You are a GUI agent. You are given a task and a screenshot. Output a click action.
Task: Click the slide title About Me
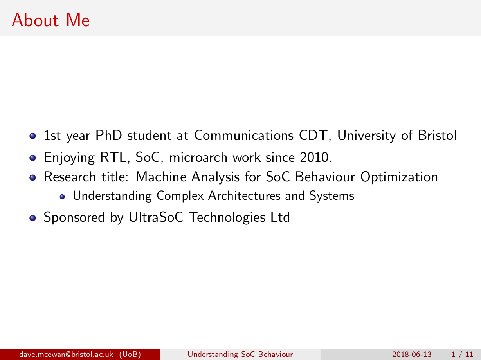click(51, 20)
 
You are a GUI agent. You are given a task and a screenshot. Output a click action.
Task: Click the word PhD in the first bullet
click(108, 135)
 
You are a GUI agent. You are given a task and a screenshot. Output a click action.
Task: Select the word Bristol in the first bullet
click(437, 135)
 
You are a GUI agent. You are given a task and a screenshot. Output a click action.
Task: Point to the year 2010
click(316, 157)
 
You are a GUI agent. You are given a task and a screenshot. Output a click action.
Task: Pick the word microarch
click(198, 157)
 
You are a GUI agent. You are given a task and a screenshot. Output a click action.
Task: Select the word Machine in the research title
click(161, 177)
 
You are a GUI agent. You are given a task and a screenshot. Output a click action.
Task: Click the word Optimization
click(399, 177)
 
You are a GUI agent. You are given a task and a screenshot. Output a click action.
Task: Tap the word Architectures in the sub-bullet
click(244, 195)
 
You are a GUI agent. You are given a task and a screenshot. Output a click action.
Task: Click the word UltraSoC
click(156, 217)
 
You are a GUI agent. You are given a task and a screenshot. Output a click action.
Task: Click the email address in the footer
click(66, 354)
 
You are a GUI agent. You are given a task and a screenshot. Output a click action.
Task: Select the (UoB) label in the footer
click(130, 355)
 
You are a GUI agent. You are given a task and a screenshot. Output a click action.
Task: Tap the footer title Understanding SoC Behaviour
click(240, 355)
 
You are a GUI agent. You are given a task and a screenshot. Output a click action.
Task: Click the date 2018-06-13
click(412, 355)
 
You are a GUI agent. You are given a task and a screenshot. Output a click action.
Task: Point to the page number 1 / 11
click(462, 355)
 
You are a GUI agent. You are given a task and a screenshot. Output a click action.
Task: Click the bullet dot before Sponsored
click(32, 218)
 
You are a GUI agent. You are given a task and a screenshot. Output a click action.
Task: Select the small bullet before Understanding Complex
click(62, 197)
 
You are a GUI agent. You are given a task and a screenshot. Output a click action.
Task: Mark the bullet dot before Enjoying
click(32, 158)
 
